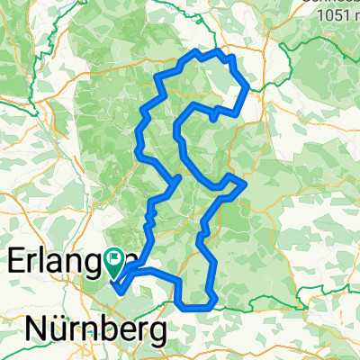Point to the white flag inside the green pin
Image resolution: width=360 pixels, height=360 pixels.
[x=115, y=259]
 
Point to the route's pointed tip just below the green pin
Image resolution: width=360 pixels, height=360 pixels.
[x=119, y=291]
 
